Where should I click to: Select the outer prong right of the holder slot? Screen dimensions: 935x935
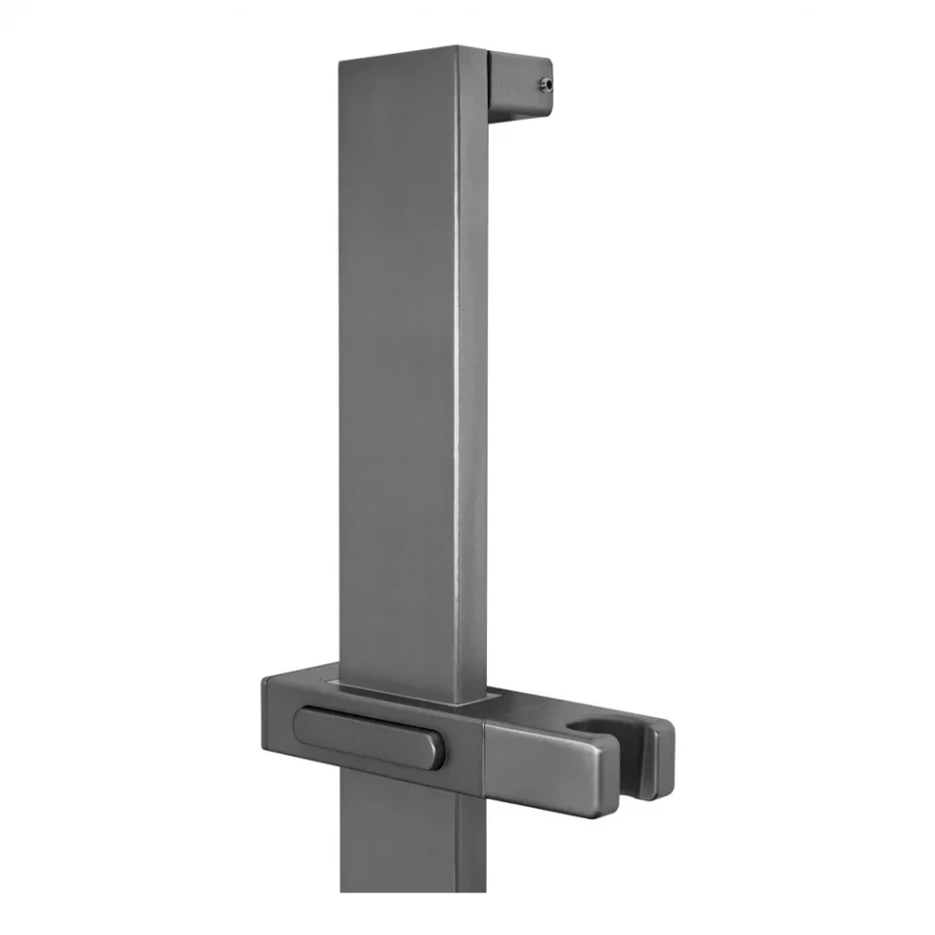click(661, 761)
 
